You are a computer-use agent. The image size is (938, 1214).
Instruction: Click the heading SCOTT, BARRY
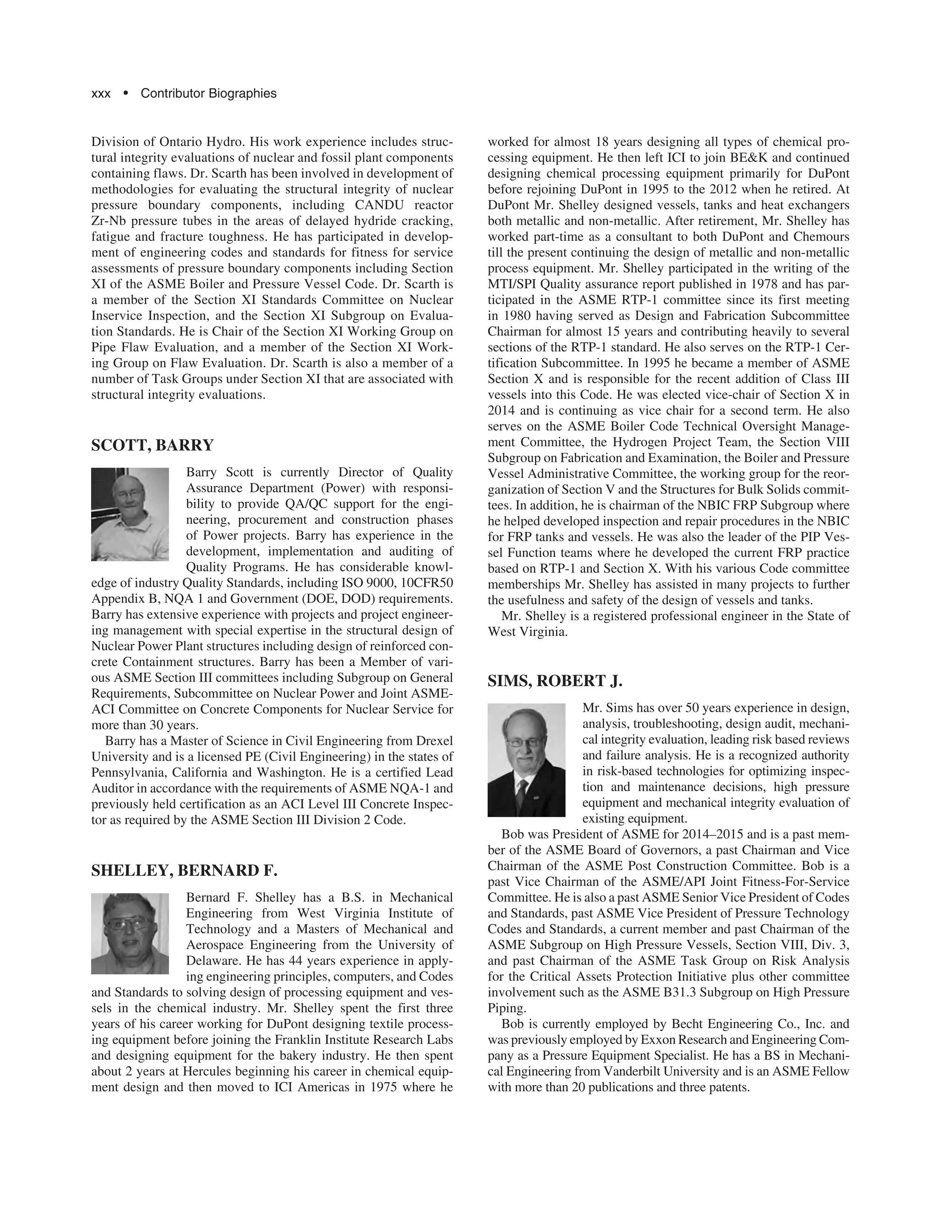[x=152, y=445]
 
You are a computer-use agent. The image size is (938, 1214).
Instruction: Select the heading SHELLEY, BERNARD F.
[x=184, y=870]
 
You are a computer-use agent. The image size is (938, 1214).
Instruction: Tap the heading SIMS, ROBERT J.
[x=555, y=681]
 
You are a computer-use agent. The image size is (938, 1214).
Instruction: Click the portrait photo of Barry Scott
[x=130, y=514]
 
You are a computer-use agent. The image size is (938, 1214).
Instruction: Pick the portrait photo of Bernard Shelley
[x=130, y=934]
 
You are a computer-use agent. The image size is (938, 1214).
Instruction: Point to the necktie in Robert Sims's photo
[x=521, y=795]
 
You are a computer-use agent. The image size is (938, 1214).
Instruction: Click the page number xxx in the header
[x=101, y=93]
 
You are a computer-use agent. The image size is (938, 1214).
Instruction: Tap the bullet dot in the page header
[x=125, y=93]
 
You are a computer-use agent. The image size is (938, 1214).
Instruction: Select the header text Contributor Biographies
[x=208, y=93]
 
